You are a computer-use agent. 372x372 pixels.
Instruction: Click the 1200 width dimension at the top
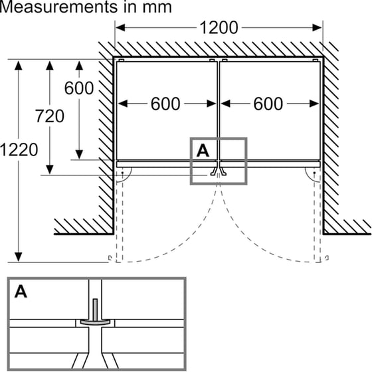(x=219, y=28)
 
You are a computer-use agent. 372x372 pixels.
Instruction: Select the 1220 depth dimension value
(x=19, y=149)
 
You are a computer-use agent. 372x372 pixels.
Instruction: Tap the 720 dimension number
(x=50, y=116)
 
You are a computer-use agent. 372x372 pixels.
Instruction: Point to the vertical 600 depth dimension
(x=79, y=88)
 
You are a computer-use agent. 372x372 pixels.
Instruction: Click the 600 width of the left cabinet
(x=165, y=104)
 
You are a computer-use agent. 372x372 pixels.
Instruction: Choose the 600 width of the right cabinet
(x=268, y=104)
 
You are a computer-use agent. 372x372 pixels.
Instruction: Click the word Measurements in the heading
(x=58, y=7)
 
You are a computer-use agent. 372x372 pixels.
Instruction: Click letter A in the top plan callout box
(x=203, y=151)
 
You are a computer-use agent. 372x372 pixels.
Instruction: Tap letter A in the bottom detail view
(x=21, y=292)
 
